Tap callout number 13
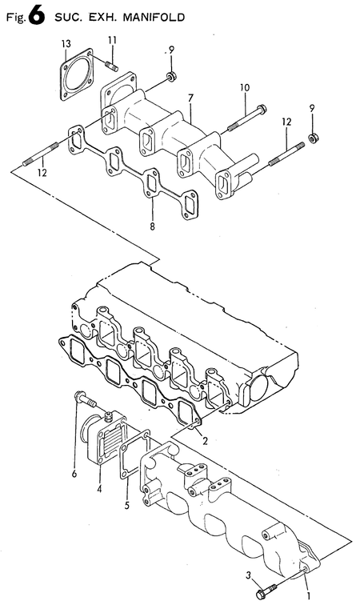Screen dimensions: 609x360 tap(66, 42)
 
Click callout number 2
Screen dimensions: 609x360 tap(205, 440)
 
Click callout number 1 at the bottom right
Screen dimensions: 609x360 tap(309, 595)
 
